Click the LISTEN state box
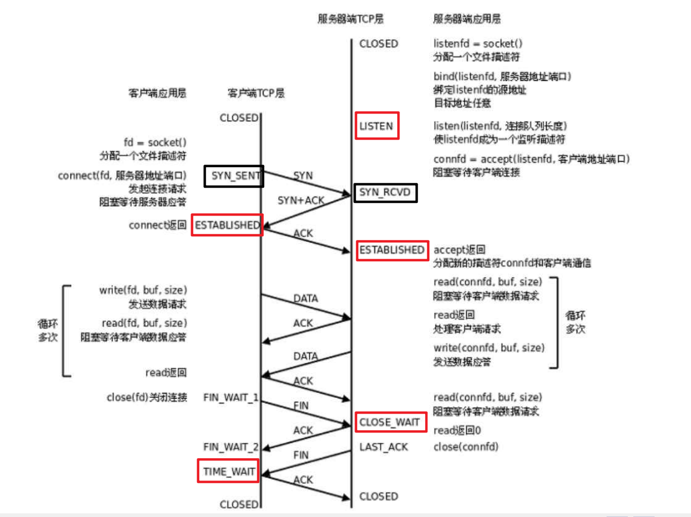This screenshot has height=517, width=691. pos(377,126)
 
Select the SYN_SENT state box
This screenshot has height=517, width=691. pos(234,176)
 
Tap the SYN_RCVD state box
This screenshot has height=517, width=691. pos(385,193)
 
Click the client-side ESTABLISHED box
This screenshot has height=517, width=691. pos(226,225)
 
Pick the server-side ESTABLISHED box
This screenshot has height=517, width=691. pos(392,250)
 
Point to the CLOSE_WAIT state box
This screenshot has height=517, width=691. pos(389,422)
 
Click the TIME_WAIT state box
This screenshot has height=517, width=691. pos(228,471)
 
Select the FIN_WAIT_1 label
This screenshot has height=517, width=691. pos(231,397)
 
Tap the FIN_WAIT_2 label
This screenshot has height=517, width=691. pos(231,447)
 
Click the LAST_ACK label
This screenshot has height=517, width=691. pos(384,447)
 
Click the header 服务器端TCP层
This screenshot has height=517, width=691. pos(351,19)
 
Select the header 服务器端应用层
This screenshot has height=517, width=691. pos(467,19)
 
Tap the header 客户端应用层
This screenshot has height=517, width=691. pos(157,94)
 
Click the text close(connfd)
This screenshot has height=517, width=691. pos(466,447)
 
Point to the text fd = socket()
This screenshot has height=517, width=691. pos(155,142)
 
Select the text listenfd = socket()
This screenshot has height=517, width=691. pos(478,44)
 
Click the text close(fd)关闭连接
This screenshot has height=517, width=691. pos(147,397)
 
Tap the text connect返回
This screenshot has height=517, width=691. pos(158,225)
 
